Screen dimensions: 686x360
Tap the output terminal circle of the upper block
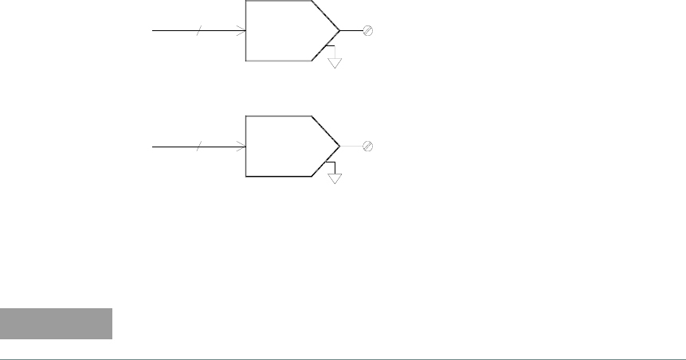click(368, 31)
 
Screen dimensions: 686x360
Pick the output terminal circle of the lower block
click(368, 147)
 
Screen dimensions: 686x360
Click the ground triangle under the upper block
click(335, 62)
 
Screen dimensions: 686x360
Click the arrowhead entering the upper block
click(241, 31)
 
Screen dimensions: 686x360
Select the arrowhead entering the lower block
click(241, 147)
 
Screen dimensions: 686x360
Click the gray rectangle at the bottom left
click(56, 323)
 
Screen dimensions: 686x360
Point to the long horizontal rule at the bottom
click(343, 358)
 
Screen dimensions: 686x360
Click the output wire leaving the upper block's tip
click(351, 31)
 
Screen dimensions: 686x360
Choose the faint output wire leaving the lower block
click(351, 147)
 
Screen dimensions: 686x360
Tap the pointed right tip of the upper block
click(340, 31)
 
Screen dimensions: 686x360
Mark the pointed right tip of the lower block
click(340, 147)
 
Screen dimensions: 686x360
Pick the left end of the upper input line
click(153, 31)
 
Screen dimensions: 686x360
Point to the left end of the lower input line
click(153, 147)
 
